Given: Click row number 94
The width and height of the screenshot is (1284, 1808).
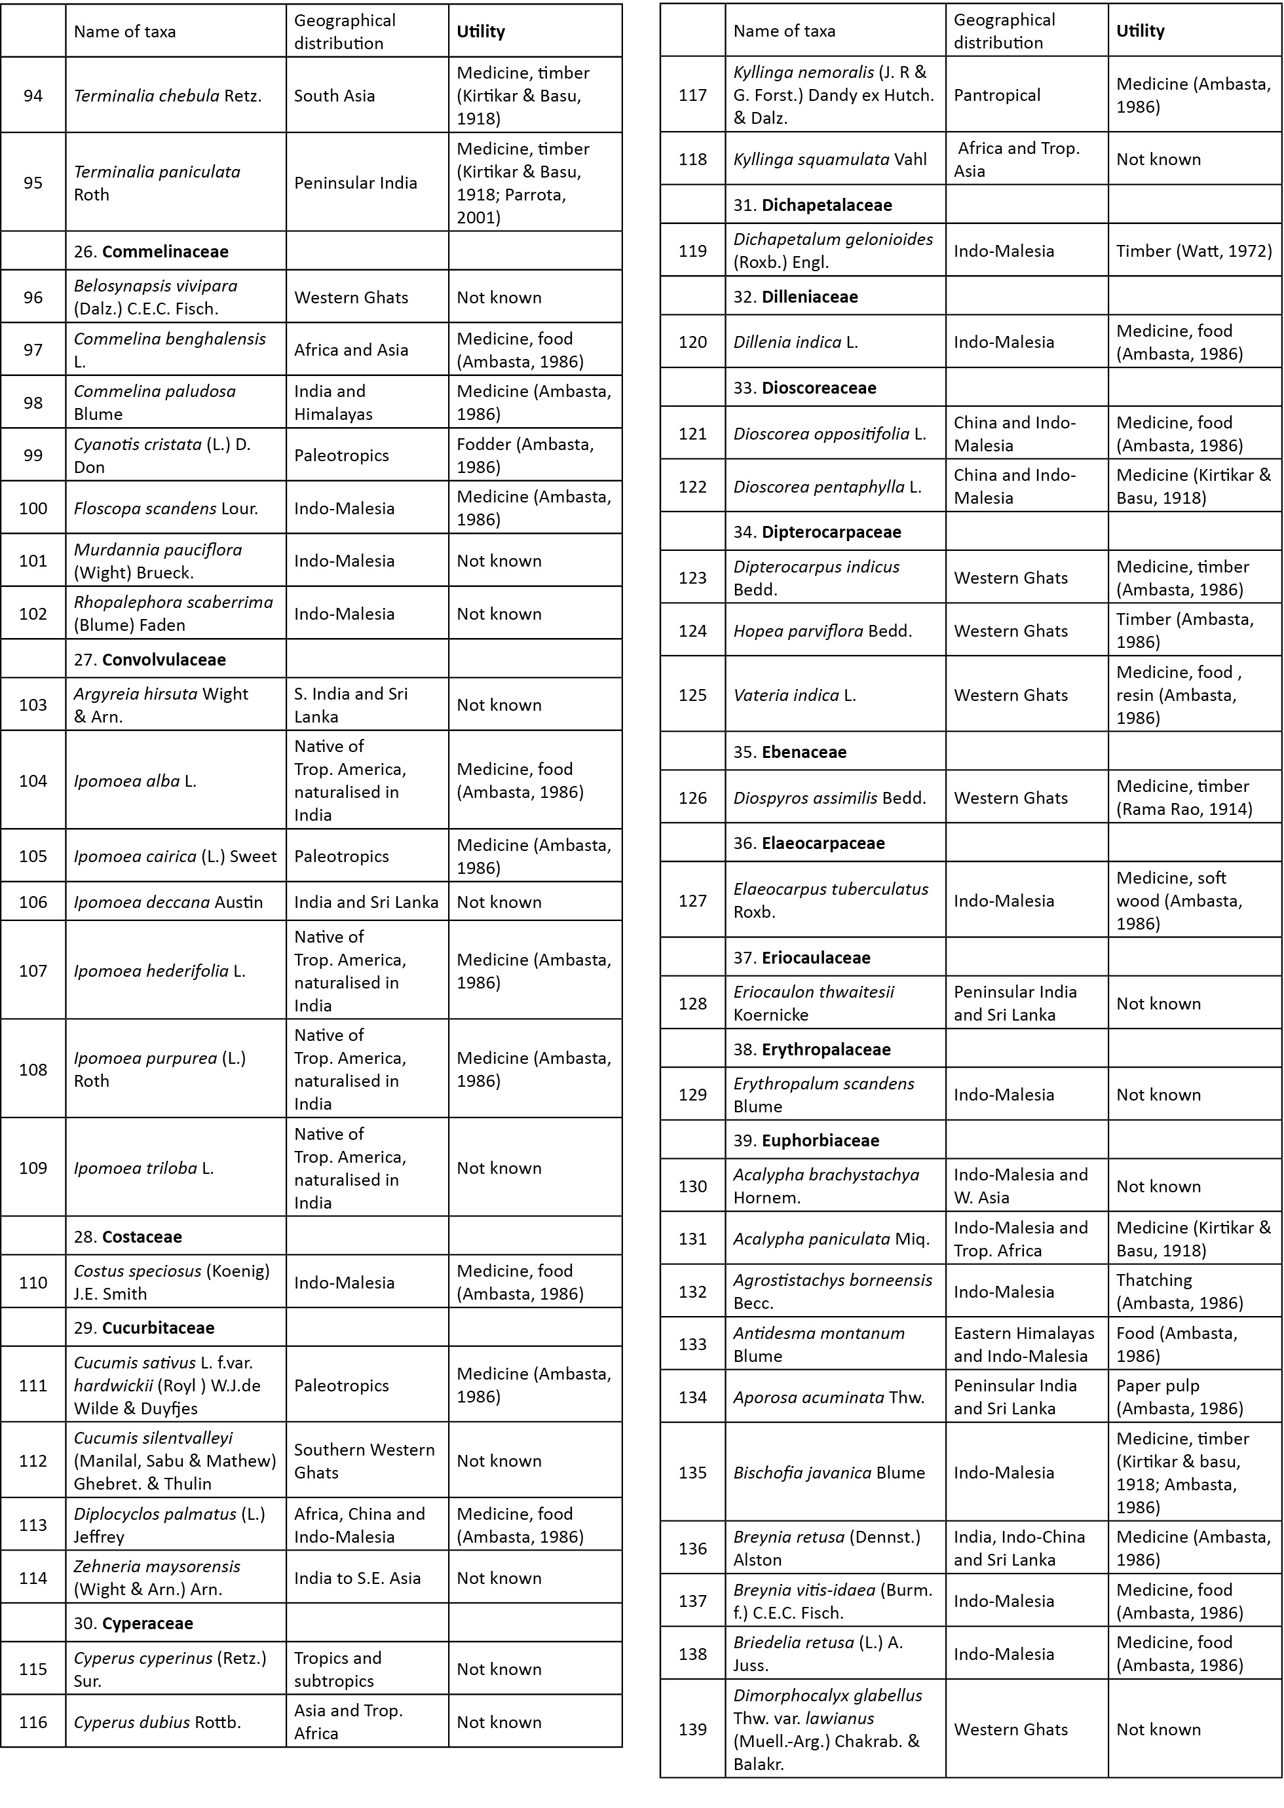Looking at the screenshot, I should coord(33,96).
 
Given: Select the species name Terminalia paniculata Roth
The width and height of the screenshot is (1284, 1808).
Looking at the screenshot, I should coord(157,183).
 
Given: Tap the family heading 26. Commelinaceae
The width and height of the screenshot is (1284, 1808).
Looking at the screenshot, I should coord(151,252).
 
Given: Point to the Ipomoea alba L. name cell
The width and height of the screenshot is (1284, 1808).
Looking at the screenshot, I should coord(135,781).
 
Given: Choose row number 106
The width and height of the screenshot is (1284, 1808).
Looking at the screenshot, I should coord(33,902).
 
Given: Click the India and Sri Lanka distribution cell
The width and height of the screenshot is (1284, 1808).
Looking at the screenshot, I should coord(366,902).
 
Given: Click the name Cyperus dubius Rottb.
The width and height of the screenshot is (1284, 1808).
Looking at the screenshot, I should coord(157,1722).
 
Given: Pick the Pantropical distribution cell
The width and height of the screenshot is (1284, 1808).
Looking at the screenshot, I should coord(997,95).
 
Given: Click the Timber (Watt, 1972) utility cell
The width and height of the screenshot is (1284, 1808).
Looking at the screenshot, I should coord(1194,251).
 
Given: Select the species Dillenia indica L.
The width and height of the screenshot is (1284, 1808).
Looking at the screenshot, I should coord(795,341).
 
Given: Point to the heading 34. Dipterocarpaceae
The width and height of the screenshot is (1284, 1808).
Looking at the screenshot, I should coord(817,532).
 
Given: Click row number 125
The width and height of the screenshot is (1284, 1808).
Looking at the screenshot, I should coord(692,695).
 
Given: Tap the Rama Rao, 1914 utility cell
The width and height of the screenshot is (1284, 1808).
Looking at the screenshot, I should coord(1184,798).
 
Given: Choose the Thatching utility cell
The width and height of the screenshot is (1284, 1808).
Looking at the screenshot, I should coord(1180,1291).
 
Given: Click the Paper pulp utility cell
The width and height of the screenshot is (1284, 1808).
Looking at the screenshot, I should coord(1180,1397).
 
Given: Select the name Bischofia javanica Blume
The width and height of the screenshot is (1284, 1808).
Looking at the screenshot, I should coord(829,1473).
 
